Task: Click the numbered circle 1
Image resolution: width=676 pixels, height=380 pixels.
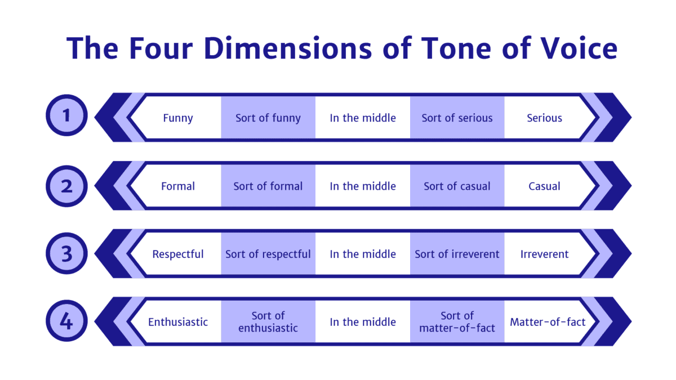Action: (x=67, y=117)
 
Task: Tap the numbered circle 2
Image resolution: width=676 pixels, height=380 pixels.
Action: (x=67, y=185)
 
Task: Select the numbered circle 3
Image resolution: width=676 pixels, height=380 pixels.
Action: (x=67, y=253)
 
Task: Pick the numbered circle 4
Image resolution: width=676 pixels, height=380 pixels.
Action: (x=67, y=321)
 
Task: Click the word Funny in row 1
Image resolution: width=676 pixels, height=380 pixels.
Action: (x=178, y=118)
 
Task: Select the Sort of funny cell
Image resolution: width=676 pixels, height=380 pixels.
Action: (x=268, y=118)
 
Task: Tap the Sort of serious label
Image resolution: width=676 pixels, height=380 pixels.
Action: (x=457, y=118)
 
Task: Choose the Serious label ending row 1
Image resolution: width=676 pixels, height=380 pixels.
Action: (x=544, y=118)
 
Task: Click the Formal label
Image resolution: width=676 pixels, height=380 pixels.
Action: (x=178, y=186)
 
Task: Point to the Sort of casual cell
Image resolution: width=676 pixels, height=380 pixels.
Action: (x=457, y=186)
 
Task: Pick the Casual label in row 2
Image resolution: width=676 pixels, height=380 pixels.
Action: (x=544, y=186)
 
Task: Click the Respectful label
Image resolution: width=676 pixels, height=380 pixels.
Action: (x=178, y=254)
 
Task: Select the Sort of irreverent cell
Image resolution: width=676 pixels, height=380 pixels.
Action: (x=457, y=254)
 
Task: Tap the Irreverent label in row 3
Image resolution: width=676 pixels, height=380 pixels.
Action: (x=544, y=254)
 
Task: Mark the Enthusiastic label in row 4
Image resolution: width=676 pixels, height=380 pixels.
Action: (x=178, y=323)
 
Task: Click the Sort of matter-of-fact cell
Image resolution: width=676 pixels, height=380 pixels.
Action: (x=457, y=322)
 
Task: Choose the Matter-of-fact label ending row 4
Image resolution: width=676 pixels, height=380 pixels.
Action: (x=548, y=323)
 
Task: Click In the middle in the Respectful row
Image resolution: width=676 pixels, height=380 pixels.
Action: (x=363, y=254)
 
